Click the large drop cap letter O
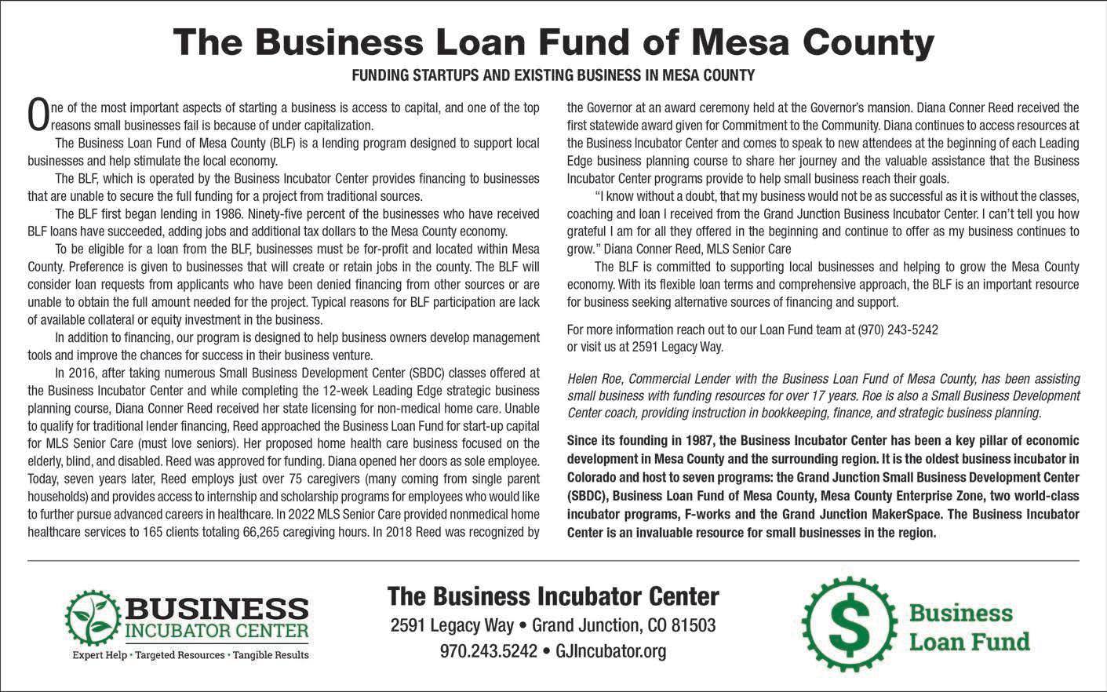click(38, 115)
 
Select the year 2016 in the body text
click(81, 373)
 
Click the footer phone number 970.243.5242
click(489, 651)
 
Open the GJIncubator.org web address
click(610, 651)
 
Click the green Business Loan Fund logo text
click(968, 627)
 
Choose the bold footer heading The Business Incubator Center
click(553, 596)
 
